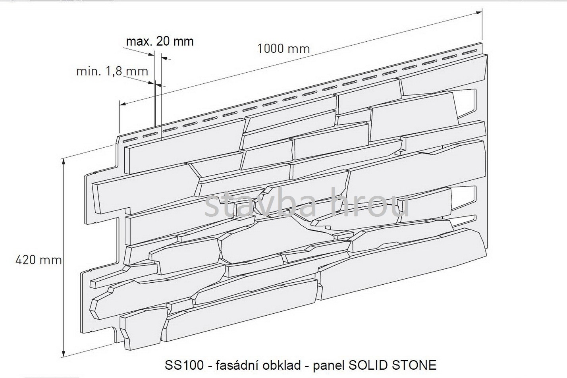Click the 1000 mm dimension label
tap(283, 48)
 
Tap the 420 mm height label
tap(39, 260)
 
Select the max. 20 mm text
tap(160, 41)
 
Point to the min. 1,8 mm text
tap(112, 71)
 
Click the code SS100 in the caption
tap(184, 365)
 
